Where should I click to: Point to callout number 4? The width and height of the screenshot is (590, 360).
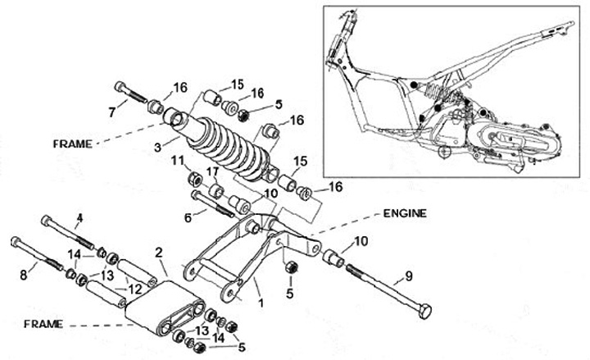pos(79,218)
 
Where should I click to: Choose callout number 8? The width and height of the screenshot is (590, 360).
pos(23,276)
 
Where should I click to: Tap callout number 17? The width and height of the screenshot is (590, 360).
pos(211,172)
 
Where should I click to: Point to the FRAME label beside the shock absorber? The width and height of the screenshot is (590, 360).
pos(73,142)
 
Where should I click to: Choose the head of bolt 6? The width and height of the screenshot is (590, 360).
pos(196,196)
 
